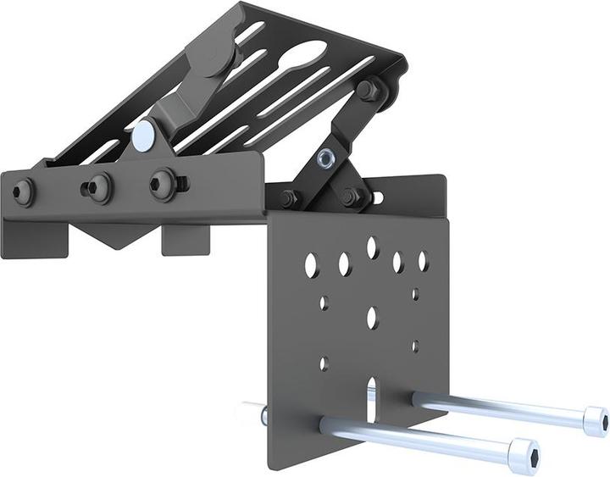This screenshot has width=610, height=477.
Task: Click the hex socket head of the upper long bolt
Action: click(x=595, y=421)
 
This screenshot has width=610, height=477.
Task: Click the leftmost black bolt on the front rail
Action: click(x=23, y=192)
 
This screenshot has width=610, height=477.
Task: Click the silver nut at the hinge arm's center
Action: click(x=325, y=158)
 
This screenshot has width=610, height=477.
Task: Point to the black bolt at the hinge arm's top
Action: click(x=369, y=90)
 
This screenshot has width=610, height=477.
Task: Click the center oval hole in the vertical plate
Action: click(x=371, y=318)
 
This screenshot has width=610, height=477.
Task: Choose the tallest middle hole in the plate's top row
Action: click(x=371, y=247)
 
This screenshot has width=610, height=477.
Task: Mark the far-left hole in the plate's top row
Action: click(x=311, y=265)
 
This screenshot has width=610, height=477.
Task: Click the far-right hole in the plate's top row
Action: click(x=423, y=261)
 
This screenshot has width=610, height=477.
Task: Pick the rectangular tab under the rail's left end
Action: click(x=34, y=241)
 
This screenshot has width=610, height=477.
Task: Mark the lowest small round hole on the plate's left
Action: click(x=324, y=363)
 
